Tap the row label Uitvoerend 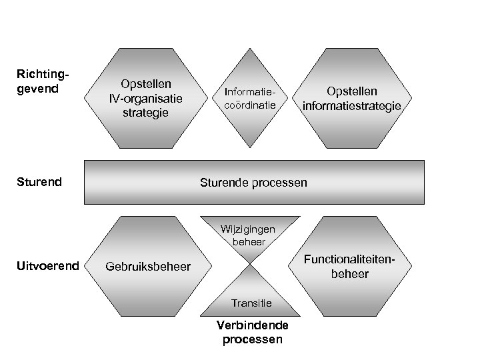[x=47, y=267]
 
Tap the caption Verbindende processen [x=251, y=332]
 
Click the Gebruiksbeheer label [x=148, y=267]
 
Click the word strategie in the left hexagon [x=146, y=112]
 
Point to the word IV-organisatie [x=146, y=98]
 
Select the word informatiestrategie [x=351, y=105]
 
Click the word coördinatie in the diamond [x=249, y=105]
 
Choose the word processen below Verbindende [x=251, y=339]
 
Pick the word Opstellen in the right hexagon [x=351, y=91]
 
